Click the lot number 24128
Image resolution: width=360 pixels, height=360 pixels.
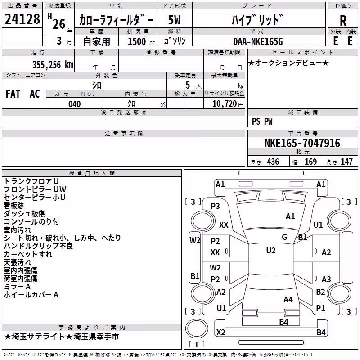22,19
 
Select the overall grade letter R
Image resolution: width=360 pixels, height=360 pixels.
343,21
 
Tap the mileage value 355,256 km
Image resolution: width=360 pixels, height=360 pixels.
53,65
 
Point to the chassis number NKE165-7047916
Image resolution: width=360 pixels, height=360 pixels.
302,143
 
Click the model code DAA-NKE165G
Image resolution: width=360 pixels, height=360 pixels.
258,41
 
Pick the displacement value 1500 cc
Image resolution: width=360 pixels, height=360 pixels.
141,41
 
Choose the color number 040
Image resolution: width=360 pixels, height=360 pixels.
75,104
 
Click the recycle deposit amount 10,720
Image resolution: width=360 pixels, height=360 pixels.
225,104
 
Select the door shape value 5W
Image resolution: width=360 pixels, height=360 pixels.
174,20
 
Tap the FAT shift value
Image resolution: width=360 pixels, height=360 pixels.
13,94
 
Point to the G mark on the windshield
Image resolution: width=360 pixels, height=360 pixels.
284,237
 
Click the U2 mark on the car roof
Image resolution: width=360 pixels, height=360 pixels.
271,251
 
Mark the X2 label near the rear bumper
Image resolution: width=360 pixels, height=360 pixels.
221,332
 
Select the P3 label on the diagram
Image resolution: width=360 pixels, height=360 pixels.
215,206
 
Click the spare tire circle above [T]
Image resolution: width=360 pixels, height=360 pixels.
197,328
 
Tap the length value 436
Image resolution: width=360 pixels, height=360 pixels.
273,162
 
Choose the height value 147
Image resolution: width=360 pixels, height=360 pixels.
346,162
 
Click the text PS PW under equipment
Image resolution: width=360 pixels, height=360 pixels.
262,121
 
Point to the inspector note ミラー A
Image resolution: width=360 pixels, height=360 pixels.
17,287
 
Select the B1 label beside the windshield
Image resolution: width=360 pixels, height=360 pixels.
302,238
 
